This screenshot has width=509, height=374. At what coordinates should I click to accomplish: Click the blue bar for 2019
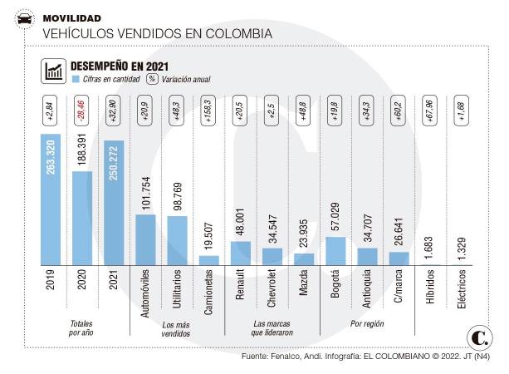point(51,199)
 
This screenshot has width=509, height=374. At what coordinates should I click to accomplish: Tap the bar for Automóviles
point(145,239)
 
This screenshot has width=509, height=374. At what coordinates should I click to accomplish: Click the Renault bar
point(240,253)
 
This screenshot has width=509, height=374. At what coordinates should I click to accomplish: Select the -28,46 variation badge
point(82,111)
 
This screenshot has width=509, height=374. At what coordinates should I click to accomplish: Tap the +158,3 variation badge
point(209,111)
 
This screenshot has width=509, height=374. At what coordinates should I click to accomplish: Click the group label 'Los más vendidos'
point(177,328)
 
